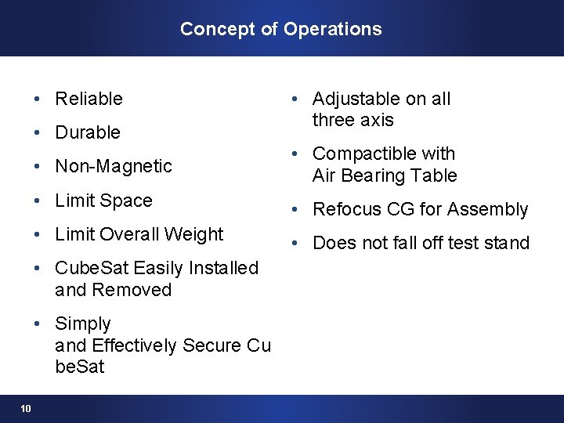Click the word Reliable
[89, 99]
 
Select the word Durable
[88, 132]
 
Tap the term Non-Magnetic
[114, 166]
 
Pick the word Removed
[132, 290]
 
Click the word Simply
[83, 324]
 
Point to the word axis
[375, 121]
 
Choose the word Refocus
[344, 209]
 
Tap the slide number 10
[26, 408]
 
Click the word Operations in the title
[333, 29]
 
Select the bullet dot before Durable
[37, 132]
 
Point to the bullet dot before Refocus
[294, 209]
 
